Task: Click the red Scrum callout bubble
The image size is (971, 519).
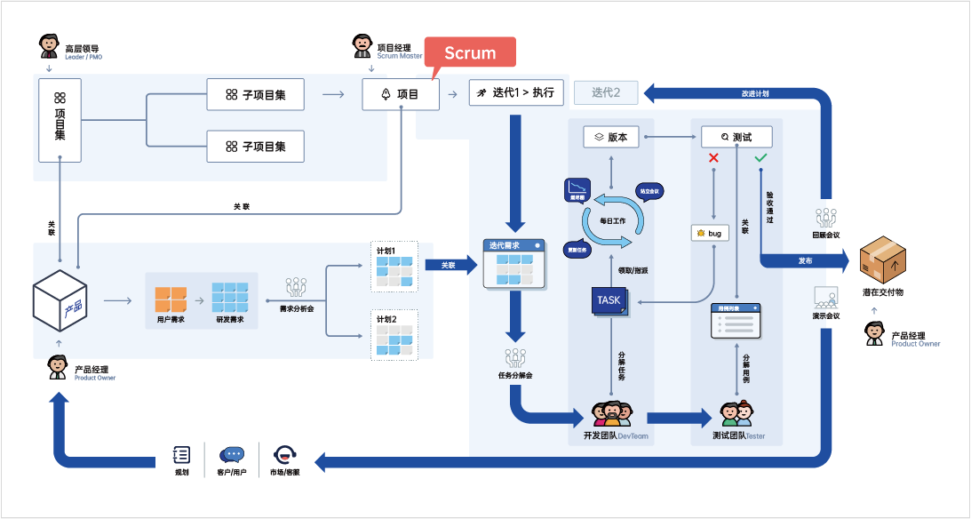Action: [x=470, y=52]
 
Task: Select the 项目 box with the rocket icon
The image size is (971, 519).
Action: [x=401, y=94]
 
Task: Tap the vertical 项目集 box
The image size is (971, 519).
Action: [x=60, y=118]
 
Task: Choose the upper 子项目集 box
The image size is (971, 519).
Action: [x=256, y=94]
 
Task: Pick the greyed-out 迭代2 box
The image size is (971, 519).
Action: [x=606, y=92]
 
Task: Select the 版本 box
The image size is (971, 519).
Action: [x=611, y=137]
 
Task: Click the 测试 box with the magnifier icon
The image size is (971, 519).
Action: [x=736, y=137]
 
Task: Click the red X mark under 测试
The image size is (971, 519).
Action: [x=712, y=159]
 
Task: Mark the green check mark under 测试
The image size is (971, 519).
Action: [x=760, y=158]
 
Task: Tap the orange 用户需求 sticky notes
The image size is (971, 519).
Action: [x=170, y=299]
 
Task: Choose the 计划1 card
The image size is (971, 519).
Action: [x=394, y=265]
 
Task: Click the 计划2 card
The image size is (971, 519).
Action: [x=394, y=335]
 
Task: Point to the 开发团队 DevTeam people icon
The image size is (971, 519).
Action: [x=611, y=415]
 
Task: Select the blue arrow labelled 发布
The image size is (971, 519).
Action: [x=805, y=261]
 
